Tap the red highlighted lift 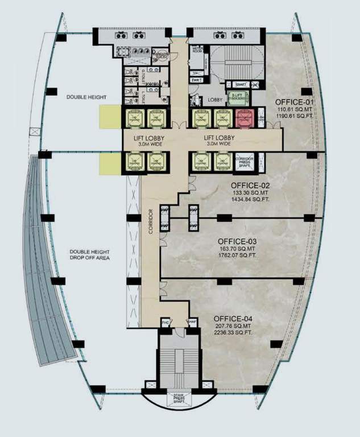click(245, 118)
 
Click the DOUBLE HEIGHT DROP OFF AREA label click(90, 255)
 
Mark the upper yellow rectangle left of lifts click(110, 117)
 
